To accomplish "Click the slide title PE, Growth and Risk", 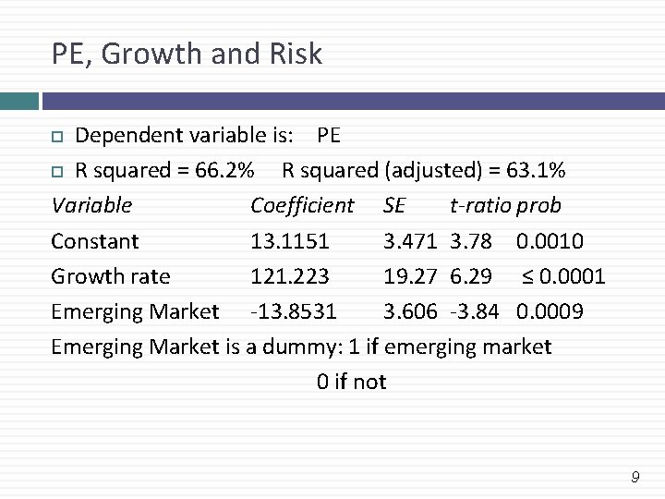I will click(x=187, y=55).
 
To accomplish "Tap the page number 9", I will click(x=635, y=478).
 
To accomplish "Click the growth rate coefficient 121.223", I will click(x=289, y=276).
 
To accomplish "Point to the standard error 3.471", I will click(x=410, y=241).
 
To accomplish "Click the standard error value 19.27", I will click(x=410, y=276).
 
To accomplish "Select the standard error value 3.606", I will click(x=410, y=311).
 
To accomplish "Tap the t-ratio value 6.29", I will click(x=472, y=276).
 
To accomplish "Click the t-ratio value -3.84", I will click(x=474, y=311).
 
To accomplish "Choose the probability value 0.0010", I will click(x=550, y=241).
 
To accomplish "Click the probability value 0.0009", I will click(x=550, y=311).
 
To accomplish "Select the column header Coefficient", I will click(x=302, y=205).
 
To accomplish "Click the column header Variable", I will click(x=91, y=205).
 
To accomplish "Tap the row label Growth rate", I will click(x=111, y=276).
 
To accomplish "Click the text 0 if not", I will click(x=351, y=382).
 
